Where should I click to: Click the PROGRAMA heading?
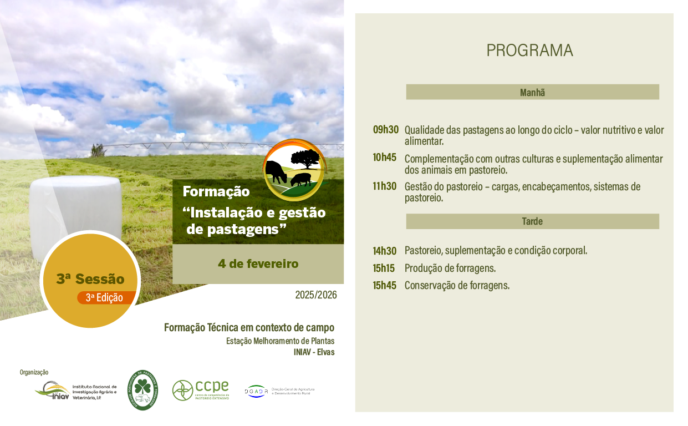click(x=529, y=50)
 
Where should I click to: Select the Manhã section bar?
click(x=532, y=92)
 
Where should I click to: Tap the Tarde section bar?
click(x=532, y=221)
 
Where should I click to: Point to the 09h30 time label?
click(x=385, y=130)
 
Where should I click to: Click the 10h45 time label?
click(x=384, y=158)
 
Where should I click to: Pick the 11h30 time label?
click(x=384, y=186)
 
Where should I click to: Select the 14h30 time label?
click(x=384, y=251)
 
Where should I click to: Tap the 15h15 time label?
click(x=384, y=268)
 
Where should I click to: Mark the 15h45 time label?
click(x=384, y=286)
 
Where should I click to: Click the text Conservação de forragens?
click(x=457, y=286)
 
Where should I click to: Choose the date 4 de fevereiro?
click(x=258, y=264)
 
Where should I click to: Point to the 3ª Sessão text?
click(x=90, y=279)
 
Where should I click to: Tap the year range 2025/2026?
click(x=316, y=295)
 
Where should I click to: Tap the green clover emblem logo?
click(x=142, y=390)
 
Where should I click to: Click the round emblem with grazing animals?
click(x=294, y=169)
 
